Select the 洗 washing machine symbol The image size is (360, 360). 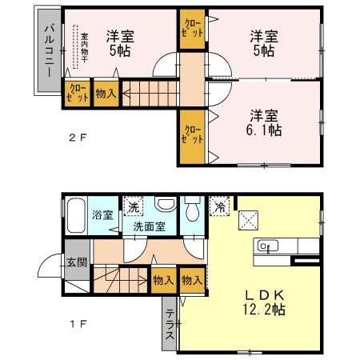pos(134,208)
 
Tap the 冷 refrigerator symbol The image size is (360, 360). pos(220,206)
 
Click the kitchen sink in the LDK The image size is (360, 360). pos(267,246)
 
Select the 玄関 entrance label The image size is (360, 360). pos(78,262)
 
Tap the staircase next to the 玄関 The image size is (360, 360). pos(120,280)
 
